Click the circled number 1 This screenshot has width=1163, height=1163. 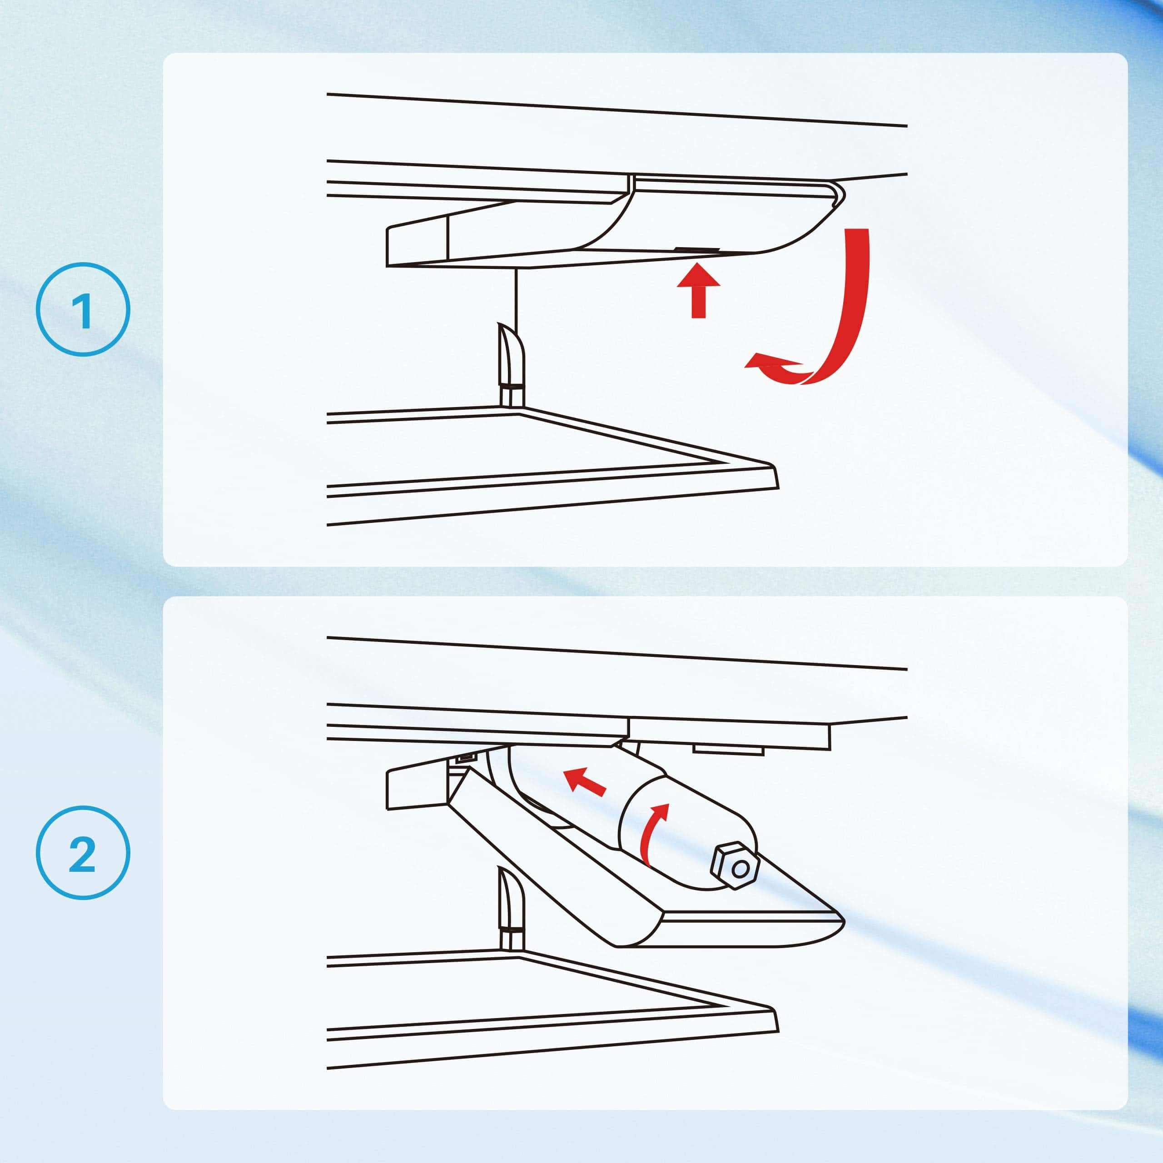83,309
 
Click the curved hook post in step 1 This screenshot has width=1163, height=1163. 511,365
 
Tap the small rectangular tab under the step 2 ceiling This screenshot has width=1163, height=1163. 728,750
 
